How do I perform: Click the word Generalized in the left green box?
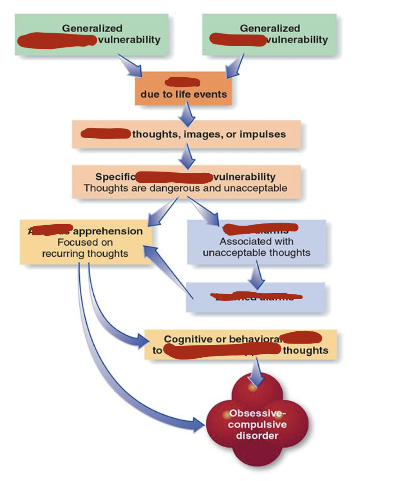click(x=92, y=28)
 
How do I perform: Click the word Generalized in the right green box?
click(x=270, y=28)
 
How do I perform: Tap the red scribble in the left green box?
click(x=57, y=41)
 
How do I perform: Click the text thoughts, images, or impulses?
click(x=208, y=134)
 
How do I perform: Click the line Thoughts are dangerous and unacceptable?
click(x=185, y=188)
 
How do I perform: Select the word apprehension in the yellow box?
click(x=108, y=231)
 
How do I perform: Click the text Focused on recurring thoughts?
click(x=85, y=248)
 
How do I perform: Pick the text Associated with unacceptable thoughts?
click(x=256, y=247)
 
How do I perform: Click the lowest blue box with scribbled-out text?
click(x=256, y=297)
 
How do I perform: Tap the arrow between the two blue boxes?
click(x=256, y=274)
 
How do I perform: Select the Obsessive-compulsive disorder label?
click(x=257, y=425)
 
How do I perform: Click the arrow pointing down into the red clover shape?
click(x=256, y=372)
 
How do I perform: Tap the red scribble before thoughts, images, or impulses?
click(x=105, y=134)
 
